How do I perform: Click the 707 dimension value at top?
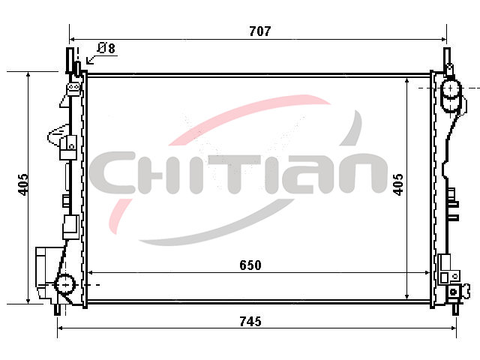pos(260,31)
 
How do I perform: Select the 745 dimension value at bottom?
pos(250,322)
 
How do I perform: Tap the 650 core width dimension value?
pos(250,265)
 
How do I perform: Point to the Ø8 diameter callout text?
pos(106,48)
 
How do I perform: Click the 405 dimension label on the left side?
pos(23,184)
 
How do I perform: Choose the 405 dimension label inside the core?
pos(398,184)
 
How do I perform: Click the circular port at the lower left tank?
pos(65,285)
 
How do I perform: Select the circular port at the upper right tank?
pos(450,88)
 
